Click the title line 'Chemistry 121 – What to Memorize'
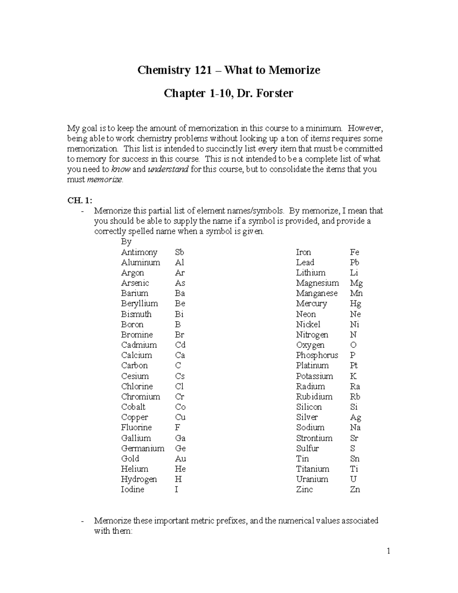click(229, 70)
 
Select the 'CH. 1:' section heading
click(79, 200)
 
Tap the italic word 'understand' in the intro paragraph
click(168, 170)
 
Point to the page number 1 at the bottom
click(388, 551)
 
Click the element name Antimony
click(139, 252)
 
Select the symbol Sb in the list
click(179, 252)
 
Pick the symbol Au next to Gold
click(180, 459)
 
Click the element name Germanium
click(142, 448)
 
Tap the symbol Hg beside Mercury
click(355, 304)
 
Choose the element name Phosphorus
click(317, 355)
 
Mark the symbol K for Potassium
click(353, 376)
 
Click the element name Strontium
click(314, 438)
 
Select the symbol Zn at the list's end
click(355, 490)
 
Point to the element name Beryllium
click(139, 304)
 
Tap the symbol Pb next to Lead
click(354, 263)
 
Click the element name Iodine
click(132, 490)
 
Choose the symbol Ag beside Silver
click(355, 417)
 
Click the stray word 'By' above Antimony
click(126, 242)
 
